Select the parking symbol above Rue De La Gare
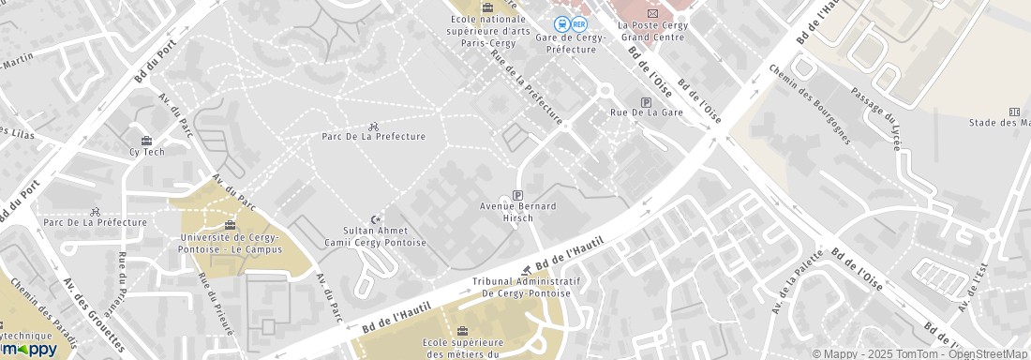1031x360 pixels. point(646,102)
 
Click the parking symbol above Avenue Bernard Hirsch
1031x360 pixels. point(517,194)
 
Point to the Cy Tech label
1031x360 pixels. point(146,152)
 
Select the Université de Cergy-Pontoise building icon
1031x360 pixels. point(231,224)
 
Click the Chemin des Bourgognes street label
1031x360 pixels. point(809,104)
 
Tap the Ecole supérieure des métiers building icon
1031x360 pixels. point(461,330)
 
